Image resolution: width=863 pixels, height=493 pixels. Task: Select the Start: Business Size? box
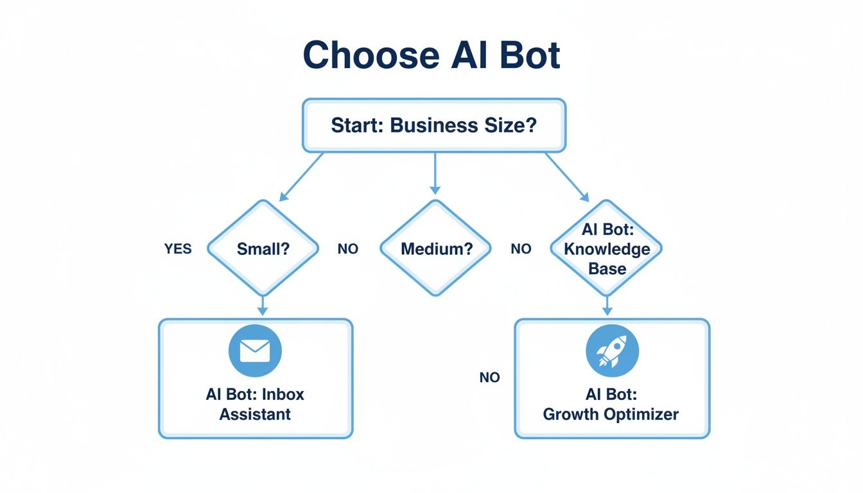click(433, 125)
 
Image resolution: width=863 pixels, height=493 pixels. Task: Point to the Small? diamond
click(263, 248)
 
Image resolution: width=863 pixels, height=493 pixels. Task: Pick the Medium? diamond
click(435, 248)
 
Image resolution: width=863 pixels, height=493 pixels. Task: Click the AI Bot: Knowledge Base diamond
click(606, 248)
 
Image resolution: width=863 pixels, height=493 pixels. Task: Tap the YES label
click(178, 248)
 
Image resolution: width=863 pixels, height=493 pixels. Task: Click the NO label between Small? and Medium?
click(347, 248)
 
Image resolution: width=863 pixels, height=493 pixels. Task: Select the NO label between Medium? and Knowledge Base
click(521, 248)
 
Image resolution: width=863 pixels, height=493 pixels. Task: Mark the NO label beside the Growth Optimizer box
click(489, 377)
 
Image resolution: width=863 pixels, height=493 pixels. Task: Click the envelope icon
click(255, 350)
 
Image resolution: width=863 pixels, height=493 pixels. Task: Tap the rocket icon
click(612, 350)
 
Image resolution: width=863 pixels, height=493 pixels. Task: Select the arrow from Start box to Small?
click(302, 174)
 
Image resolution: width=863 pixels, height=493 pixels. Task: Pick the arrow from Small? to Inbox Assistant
click(262, 305)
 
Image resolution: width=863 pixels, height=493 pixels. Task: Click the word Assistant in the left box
click(255, 414)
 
